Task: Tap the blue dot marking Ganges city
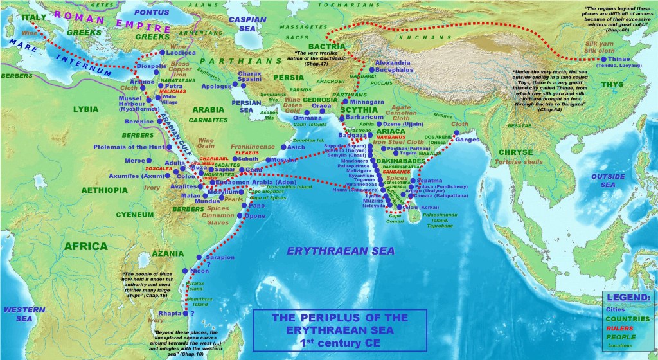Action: (457, 132)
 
